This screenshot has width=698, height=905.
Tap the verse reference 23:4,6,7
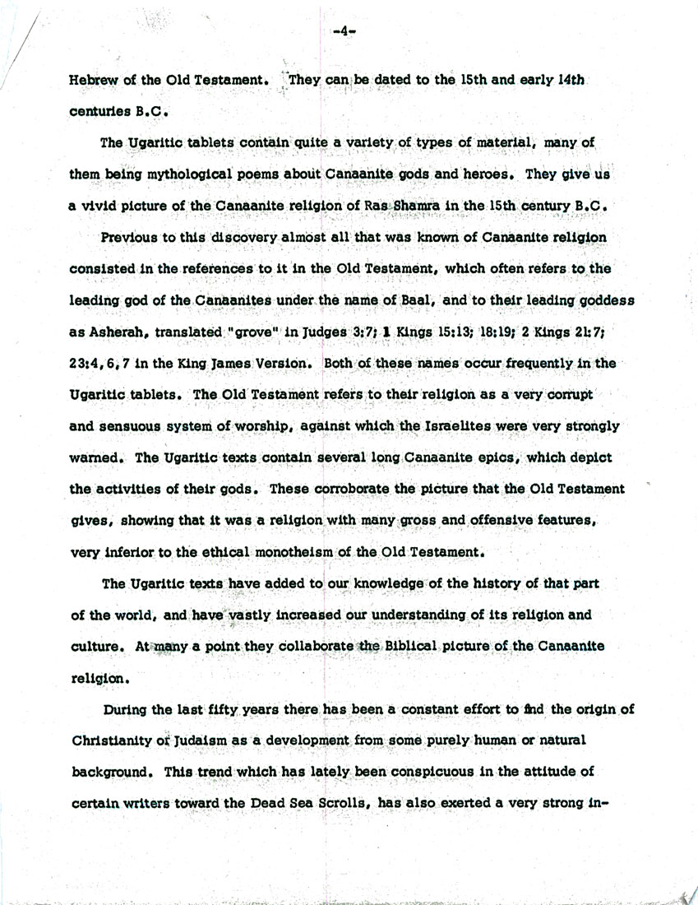tap(103, 363)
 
